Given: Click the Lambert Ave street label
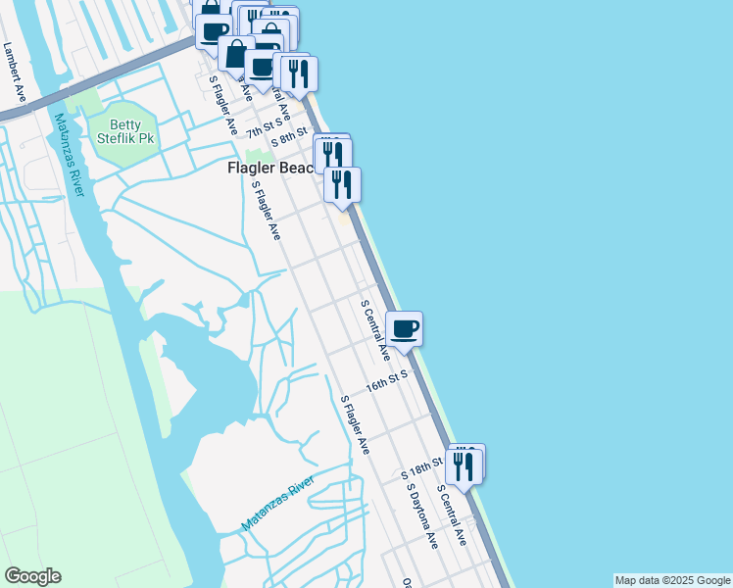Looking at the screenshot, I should point(14,71).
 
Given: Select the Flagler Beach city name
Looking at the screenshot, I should point(269,168).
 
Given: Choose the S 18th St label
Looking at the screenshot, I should point(423,467).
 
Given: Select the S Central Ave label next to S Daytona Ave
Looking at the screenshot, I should point(452,514).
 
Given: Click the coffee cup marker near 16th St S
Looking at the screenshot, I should point(404,329).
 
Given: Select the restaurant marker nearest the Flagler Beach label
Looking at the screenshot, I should point(342,184).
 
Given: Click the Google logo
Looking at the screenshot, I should point(32,576).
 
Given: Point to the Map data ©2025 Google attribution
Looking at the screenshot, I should point(672,580).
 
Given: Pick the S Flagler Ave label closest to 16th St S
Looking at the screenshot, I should point(355,424).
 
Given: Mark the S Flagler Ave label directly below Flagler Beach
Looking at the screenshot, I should point(266,211).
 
